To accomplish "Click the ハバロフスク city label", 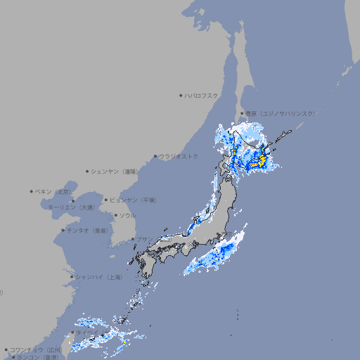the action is pos(202,95).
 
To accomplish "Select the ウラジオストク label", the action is pos(179,156).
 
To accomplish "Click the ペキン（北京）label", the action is pos(54,191).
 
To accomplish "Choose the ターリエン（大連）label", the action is pos(70,207).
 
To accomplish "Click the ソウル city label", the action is pos(127,215).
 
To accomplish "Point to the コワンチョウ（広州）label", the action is pos(35,349).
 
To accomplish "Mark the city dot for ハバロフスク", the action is pos(181,95).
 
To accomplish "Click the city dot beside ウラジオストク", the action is pos(155,156).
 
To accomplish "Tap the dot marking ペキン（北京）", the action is pos(32,191).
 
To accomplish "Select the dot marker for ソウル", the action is pos(115,215).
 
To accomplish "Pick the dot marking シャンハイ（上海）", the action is pos(72,277).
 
